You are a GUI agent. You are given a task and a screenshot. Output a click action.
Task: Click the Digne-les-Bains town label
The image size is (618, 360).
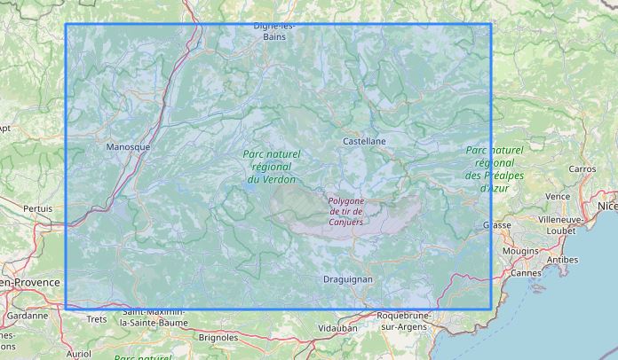click(x=274, y=31)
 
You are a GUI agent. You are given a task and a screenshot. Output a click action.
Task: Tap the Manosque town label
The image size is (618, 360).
click(x=128, y=146)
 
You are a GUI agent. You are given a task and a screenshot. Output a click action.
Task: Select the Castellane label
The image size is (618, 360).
click(x=364, y=141)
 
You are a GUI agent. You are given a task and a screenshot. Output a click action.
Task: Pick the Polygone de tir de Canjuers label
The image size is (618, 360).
click(x=346, y=211)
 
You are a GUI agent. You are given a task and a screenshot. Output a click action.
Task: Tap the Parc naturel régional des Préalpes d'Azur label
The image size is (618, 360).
click(x=495, y=168)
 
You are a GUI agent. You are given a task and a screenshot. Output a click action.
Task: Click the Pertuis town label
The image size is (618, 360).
click(x=38, y=208)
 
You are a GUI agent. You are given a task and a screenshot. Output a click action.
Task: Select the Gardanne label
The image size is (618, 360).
click(x=28, y=315)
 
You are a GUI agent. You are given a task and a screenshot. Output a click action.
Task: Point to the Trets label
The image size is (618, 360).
click(x=96, y=318)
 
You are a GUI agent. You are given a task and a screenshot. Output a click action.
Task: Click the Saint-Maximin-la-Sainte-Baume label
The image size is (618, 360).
click(x=154, y=317)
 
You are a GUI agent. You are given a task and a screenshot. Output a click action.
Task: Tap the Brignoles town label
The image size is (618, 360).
click(x=218, y=337)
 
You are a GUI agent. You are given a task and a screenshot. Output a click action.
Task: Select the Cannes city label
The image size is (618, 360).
click(x=527, y=272)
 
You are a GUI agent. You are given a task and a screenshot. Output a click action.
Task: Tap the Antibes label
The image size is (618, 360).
click(x=563, y=259)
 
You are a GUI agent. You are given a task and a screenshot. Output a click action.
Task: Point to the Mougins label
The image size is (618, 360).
click(x=520, y=251)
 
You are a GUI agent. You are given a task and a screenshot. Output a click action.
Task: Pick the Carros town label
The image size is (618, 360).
click(x=582, y=168)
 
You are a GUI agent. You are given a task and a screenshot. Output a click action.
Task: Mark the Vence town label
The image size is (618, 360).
click(x=558, y=196)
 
